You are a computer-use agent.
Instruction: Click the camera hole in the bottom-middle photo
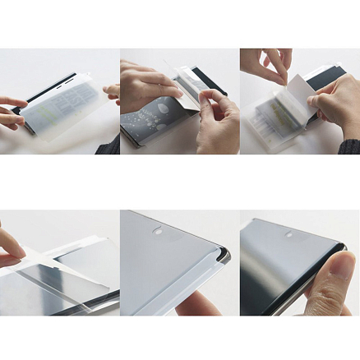point(158,233)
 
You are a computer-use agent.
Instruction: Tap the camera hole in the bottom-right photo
point(288,234)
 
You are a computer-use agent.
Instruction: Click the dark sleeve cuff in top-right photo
point(350,145)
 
